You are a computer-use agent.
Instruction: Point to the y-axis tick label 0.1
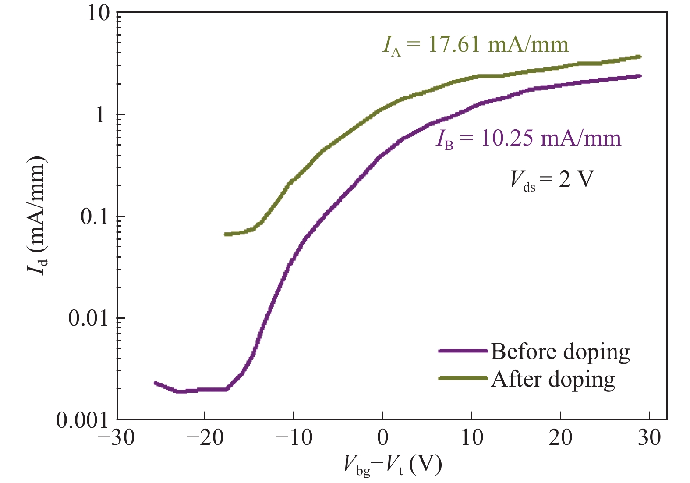point(95,217)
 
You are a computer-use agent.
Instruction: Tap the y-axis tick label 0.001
point(82,420)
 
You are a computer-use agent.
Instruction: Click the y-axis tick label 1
point(100,115)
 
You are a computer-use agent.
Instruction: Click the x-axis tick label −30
point(117,438)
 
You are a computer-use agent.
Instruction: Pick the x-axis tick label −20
point(205,438)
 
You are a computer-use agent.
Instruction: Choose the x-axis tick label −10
point(294,438)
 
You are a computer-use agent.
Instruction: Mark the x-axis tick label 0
point(383,438)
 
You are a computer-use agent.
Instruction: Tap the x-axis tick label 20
point(560,438)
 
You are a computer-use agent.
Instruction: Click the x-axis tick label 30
point(649,438)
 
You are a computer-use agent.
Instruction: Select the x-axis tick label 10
point(472,438)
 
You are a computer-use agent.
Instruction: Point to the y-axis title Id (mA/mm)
point(38,215)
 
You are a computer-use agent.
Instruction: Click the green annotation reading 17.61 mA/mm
point(475,45)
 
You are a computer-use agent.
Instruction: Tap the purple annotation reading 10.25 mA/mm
point(528,139)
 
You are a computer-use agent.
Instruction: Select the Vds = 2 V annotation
point(552,180)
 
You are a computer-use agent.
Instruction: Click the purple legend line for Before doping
point(463,351)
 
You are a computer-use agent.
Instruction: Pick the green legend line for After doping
point(463,378)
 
